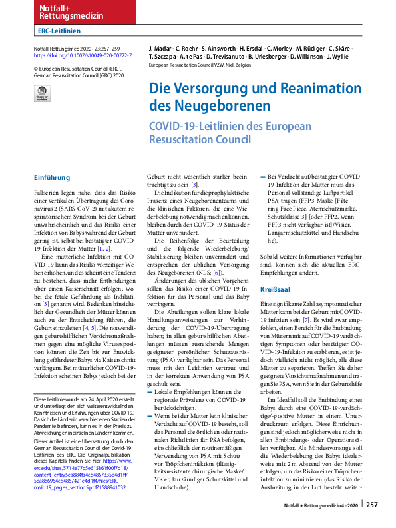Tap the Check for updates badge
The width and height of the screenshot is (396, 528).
tap(42, 95)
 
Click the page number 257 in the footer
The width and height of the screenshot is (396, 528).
tap(372, 505)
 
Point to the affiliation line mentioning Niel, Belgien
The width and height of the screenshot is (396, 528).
tap(201, 66)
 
